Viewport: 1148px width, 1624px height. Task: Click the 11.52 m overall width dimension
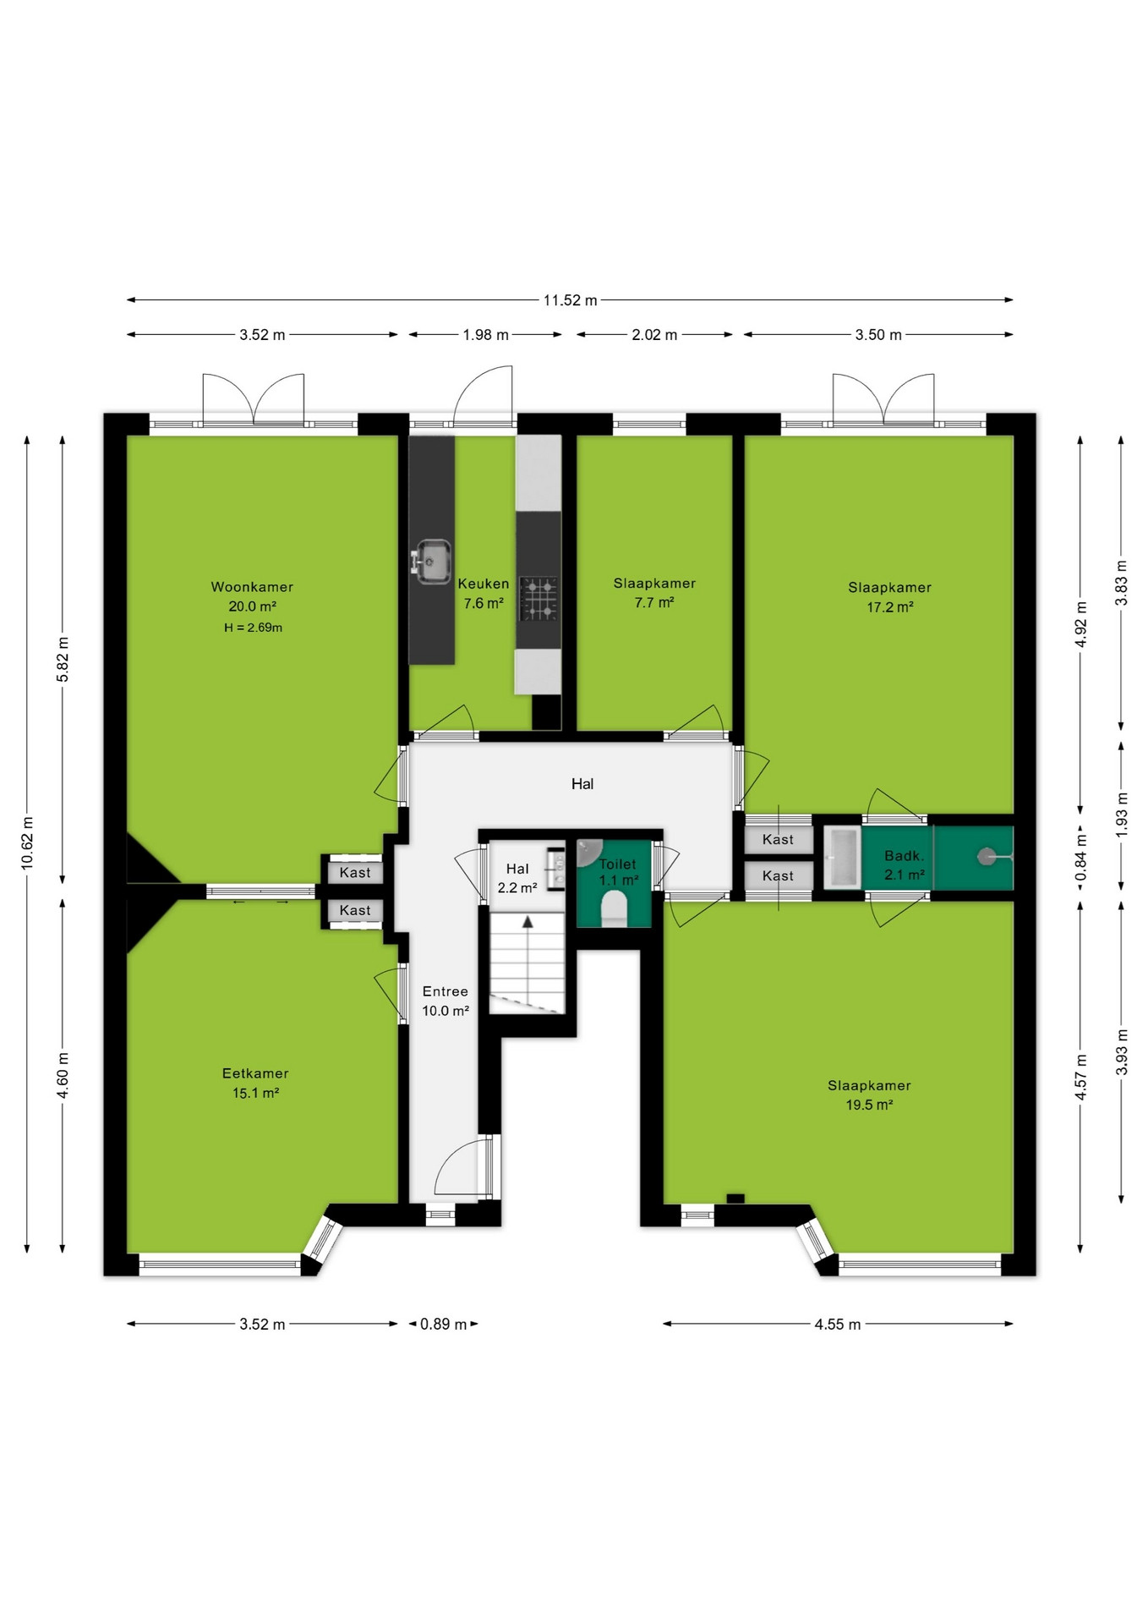[x=570, y=299]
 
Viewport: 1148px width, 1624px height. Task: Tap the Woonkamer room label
[x=252, y=587]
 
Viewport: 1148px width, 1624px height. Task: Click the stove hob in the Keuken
[x=538, y=598]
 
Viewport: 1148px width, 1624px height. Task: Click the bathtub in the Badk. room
[x=842, y=858]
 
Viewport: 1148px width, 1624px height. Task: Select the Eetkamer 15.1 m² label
[x=255, y=1084]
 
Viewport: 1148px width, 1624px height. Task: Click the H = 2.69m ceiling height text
[x=253, y=628]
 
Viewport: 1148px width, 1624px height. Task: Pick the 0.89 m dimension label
[x=444, y=1324]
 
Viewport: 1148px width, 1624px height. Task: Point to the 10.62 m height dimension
[x=27, y=843]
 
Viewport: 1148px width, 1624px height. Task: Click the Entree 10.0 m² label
[x=446, y=1001]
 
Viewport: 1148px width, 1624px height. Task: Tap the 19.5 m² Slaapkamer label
[x=869, y=1095]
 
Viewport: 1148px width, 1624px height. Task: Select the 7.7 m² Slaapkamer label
[x=654, y=593]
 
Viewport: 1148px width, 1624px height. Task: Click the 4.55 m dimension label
[x=838, y=1325]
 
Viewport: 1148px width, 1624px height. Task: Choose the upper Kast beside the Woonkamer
[x=355, y=873]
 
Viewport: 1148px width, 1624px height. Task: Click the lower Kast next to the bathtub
[x=778, y=876]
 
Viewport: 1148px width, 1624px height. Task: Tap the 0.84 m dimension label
[x=1081, y=857]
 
